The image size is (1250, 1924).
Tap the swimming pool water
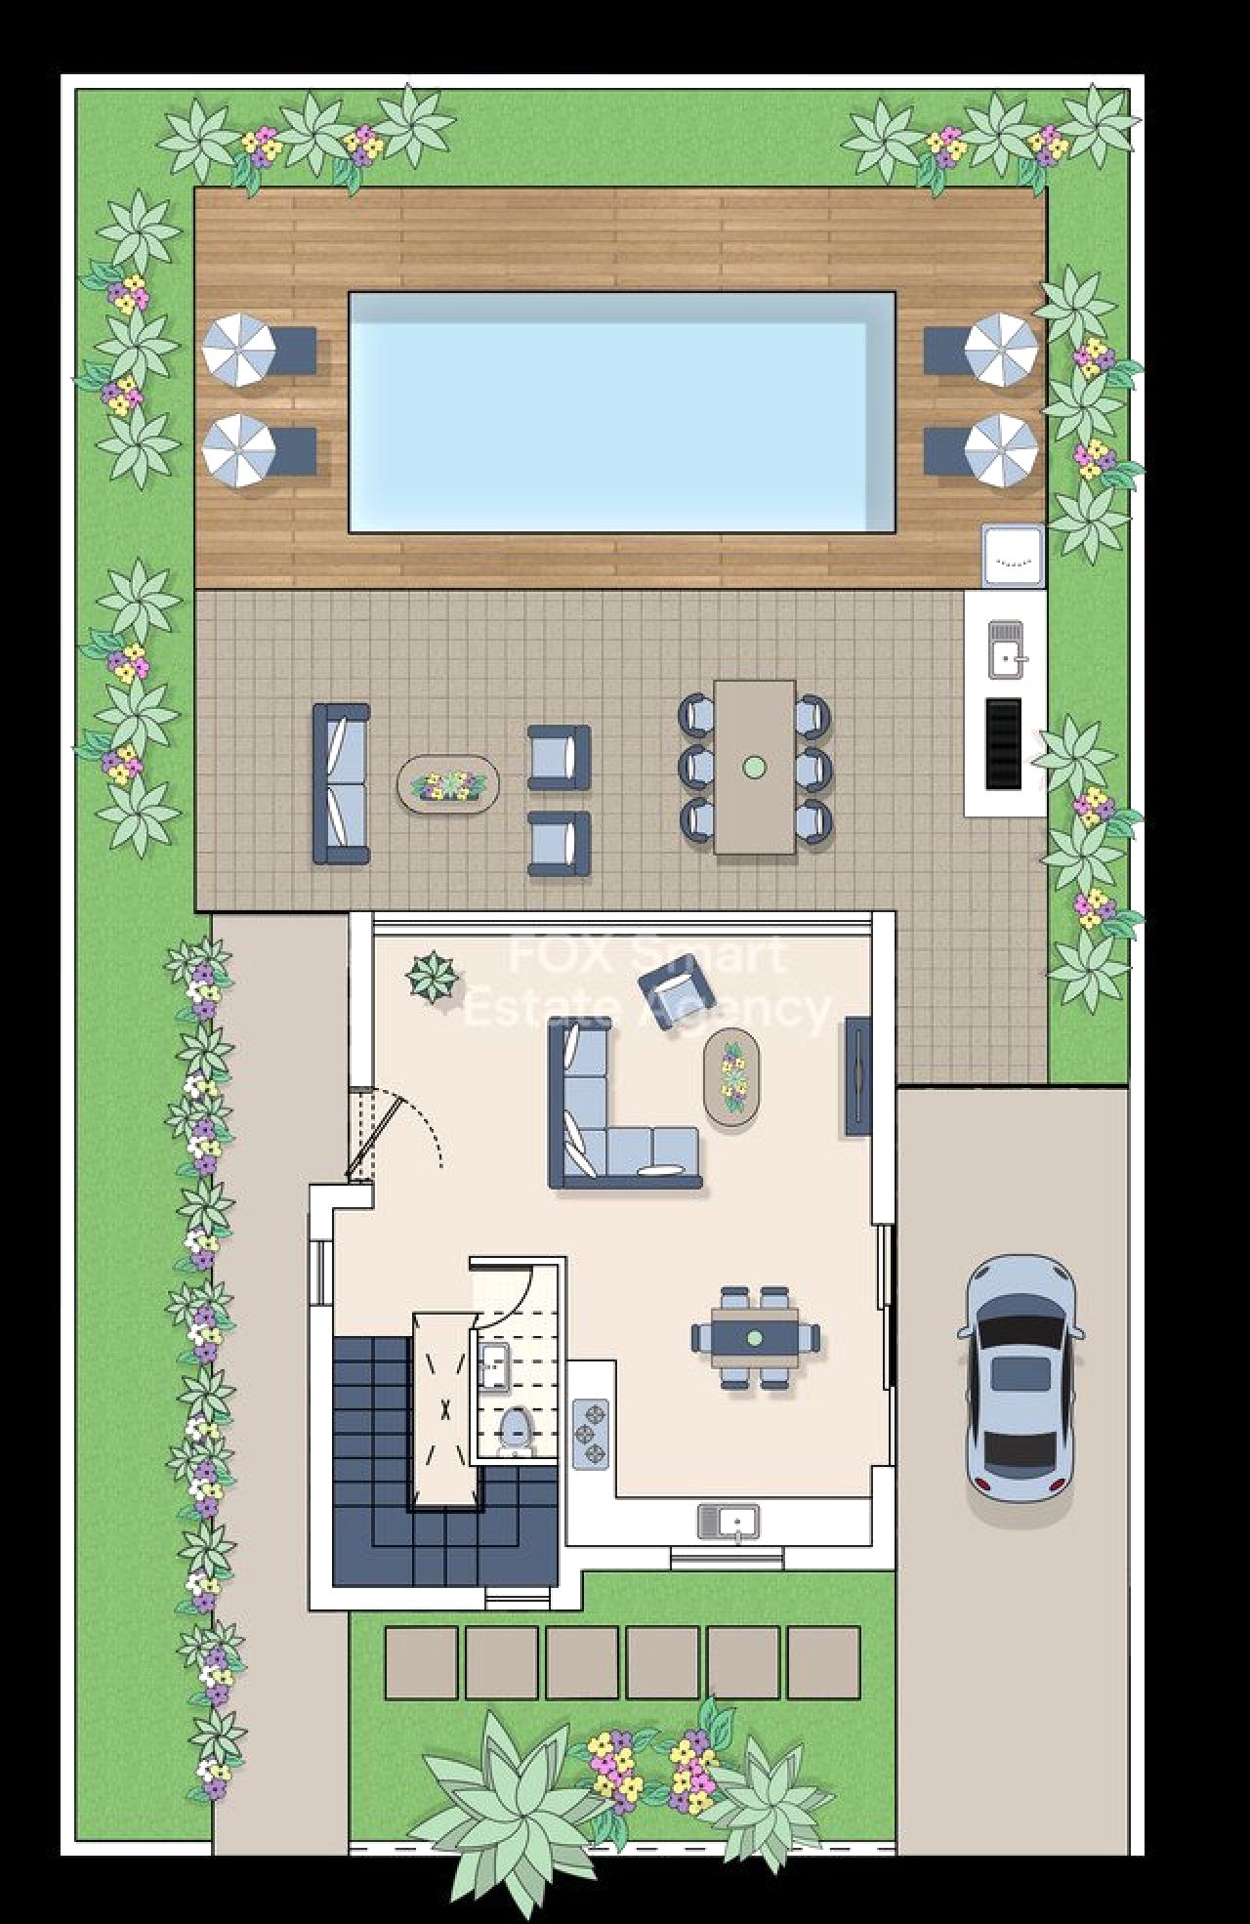tap(622, 412)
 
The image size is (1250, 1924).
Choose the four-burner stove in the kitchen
tap(590, 1433)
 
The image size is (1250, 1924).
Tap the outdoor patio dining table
tap(754, 768)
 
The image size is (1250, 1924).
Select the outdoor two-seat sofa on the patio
tap(341, 784)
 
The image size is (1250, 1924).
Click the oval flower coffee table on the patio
tap(448, 783)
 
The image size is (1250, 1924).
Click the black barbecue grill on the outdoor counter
tap(1003, 743)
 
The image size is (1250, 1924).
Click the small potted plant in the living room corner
tap(432, 976)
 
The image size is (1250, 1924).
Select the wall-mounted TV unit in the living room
tap(858, 1075)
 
